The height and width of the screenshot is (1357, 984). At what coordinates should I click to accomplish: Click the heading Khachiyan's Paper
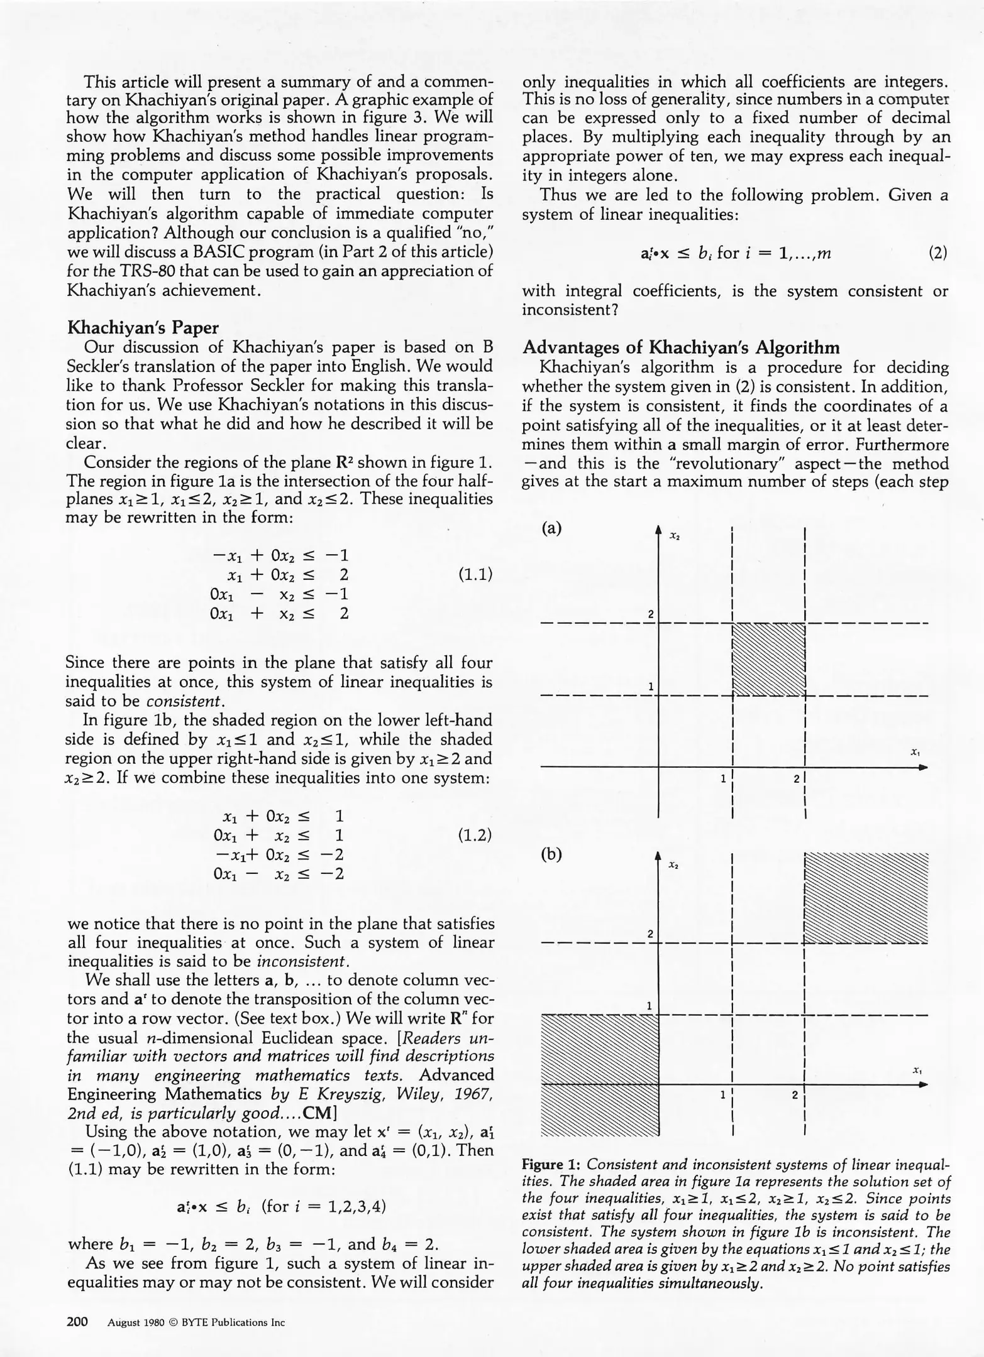coord(143,328)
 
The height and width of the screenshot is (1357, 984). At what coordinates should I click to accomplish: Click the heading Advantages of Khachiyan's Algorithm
coord(681,347)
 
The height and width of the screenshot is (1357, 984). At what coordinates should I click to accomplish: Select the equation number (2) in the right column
coord(938,253)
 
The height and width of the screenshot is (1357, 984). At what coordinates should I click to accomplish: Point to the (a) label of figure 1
coord(551,528)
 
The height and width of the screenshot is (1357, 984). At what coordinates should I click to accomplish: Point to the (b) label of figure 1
coord(551,854)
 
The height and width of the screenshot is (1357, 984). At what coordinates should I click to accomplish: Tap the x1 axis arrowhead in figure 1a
coord(922,767)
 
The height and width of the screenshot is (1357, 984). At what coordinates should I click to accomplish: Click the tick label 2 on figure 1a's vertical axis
coord(651,614)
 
